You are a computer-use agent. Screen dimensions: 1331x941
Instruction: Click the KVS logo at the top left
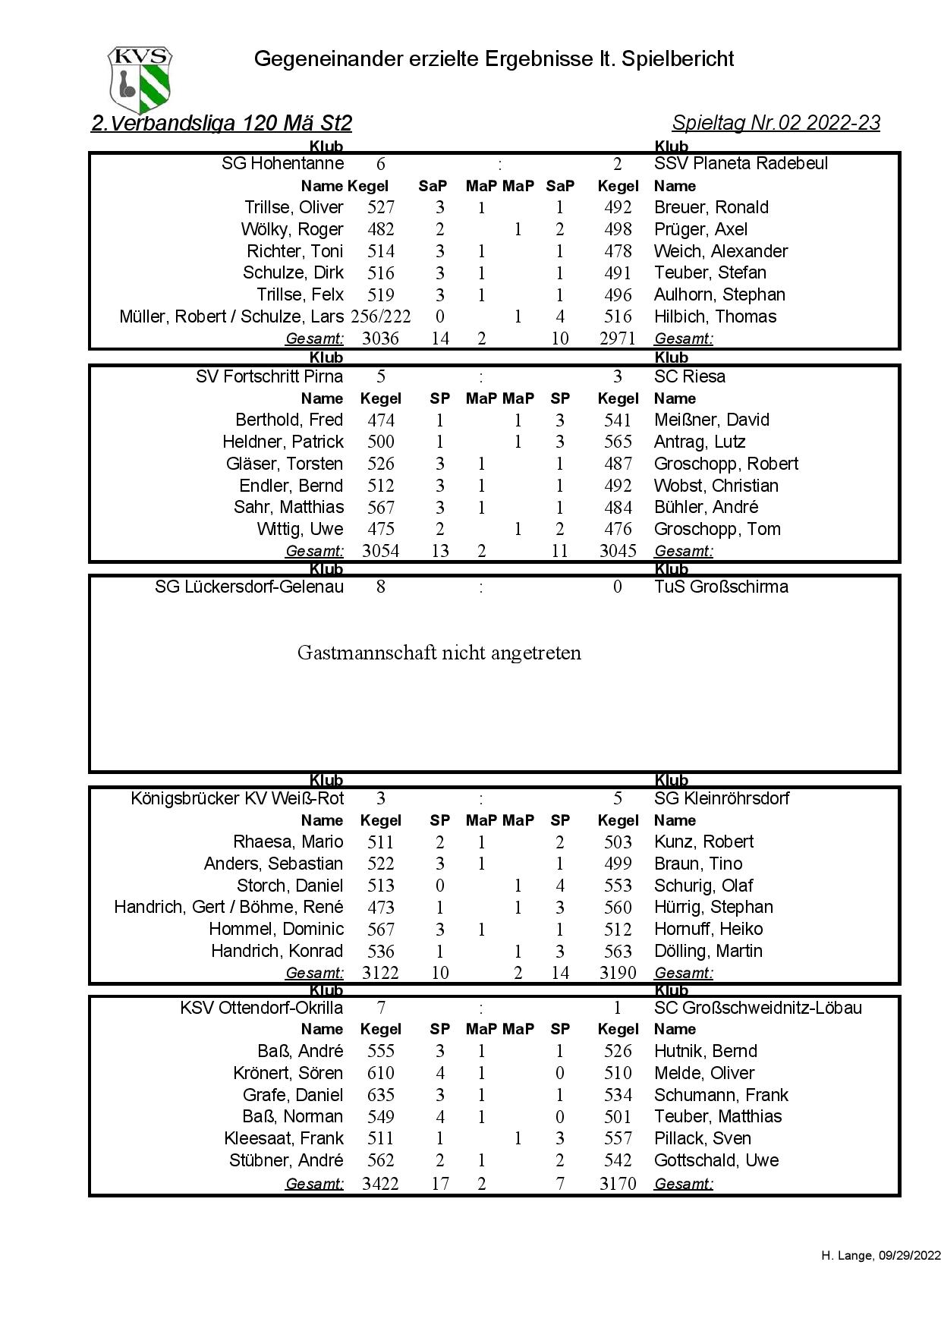140,80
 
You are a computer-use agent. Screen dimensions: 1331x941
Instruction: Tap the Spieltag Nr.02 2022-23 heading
776,123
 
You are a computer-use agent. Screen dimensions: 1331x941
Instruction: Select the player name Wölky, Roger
292,229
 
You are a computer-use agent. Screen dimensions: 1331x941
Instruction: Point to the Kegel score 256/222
381,316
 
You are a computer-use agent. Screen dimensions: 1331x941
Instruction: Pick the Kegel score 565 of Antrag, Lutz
618,442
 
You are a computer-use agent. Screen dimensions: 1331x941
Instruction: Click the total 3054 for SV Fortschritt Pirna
380,551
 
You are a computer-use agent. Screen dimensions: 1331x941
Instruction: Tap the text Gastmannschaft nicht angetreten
439,653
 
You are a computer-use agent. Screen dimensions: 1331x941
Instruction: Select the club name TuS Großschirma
721,587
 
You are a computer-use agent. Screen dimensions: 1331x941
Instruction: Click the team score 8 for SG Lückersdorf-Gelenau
380,587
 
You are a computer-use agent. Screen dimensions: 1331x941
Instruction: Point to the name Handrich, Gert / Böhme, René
228,907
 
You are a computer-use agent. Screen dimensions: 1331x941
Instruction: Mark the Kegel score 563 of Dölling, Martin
618,951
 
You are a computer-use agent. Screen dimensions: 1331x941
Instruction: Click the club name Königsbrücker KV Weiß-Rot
237,798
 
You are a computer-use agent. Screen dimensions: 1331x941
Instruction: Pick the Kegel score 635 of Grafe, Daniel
380,1095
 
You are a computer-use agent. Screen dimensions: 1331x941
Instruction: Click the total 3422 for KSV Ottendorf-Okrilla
380,1183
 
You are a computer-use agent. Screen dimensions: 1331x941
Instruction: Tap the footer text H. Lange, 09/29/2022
880,1277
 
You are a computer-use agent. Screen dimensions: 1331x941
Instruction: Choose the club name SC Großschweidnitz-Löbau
757,1008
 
